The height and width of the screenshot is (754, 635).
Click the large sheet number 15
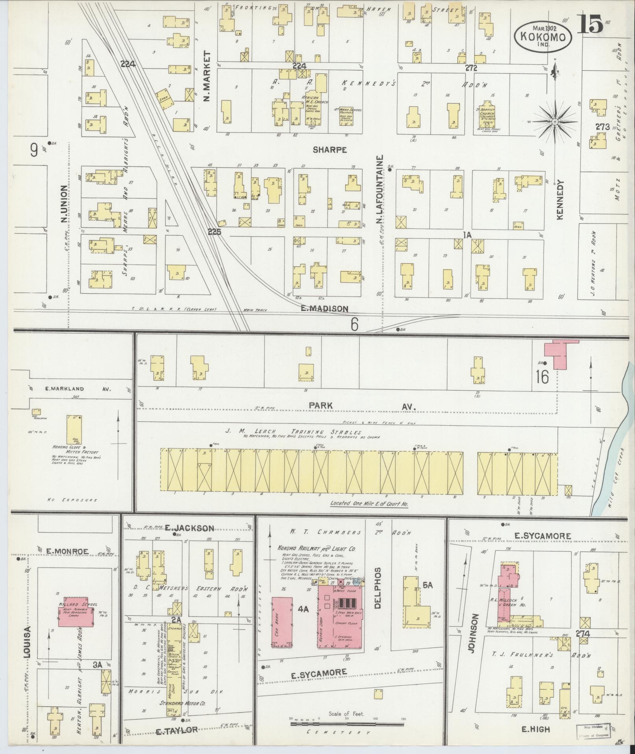pyautogui.click(x=591, y=24)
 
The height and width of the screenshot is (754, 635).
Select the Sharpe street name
pyautogui.click(x=330, y=150)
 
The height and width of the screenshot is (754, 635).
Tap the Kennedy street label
pyautogui.click(x=561, y=200)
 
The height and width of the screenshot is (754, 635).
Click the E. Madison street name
pyautogui.click(x=324, y=309)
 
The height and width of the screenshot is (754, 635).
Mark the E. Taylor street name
pyautogui.click(x=177, y=730)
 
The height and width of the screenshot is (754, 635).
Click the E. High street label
pyautogui.click(x=535, y=730)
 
